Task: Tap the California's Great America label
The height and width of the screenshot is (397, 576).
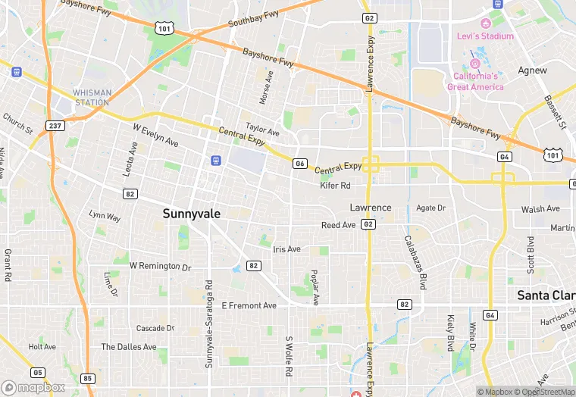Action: [x=475, y=82]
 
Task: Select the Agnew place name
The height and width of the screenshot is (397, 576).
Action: [x=532, y=70]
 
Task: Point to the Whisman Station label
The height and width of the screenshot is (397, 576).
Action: [x=92, y=98]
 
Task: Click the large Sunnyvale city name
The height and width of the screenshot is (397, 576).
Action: [x=192, y=214]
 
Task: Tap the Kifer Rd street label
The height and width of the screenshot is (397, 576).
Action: [x=335, y=186]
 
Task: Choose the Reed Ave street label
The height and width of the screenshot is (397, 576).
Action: [x=338, y=225]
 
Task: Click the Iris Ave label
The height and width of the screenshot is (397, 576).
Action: [x=286, y=249]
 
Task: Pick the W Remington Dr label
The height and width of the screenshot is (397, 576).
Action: [x=160, y=267]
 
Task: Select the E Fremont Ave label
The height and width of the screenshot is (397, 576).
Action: [x=249, y=305]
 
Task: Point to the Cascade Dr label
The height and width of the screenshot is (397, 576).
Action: [x=155, y=328]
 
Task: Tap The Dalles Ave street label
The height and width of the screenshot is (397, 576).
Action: [x=129, y=347]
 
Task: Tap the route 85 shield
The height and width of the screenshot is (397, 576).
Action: [x=87, y=378]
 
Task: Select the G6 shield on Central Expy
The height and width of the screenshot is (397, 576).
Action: [x=300, y=164]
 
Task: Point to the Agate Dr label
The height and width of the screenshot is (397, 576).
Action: [x=430, y=208]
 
